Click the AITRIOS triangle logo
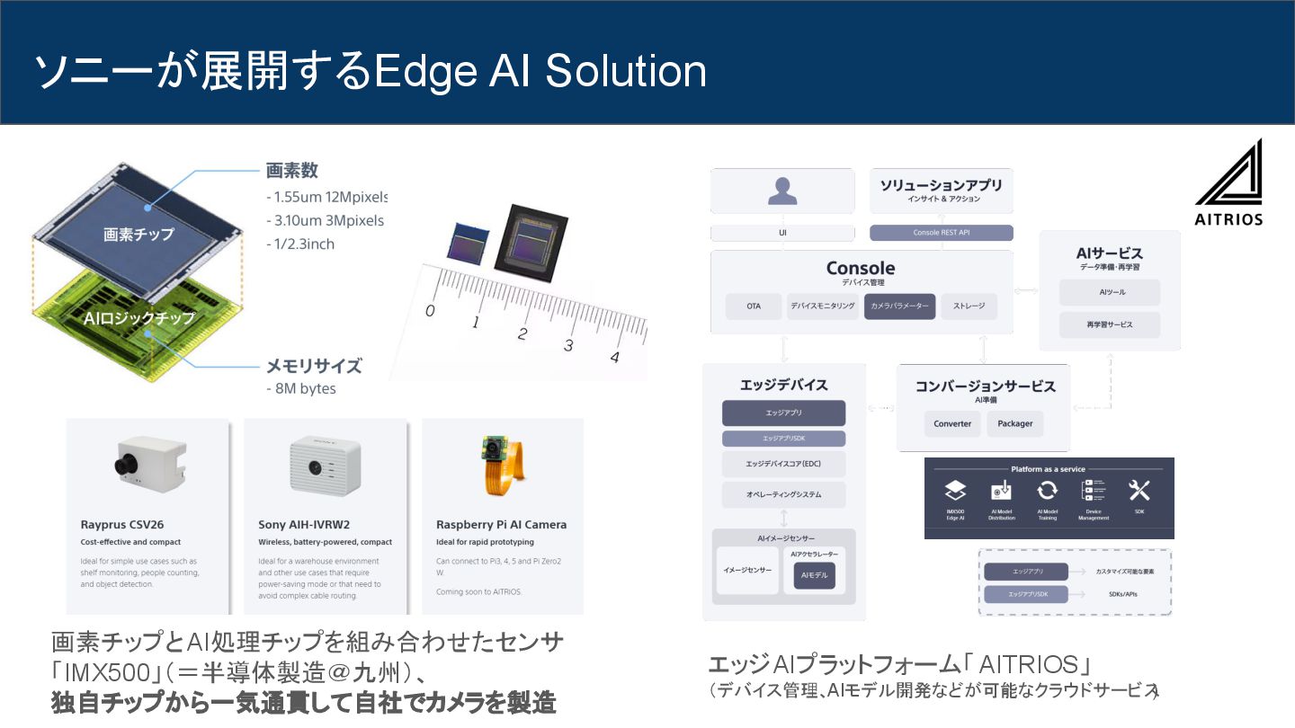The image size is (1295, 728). click(1228, 175)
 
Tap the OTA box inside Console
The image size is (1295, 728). click(754, 306)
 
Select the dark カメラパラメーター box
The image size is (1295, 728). click(900, 306)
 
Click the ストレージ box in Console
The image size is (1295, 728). click(969, 306)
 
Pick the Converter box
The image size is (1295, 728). click(952, 423)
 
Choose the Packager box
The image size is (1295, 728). click(1015, 423)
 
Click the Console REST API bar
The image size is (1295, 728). click(942, 233)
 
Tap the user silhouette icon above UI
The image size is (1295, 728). click(781, 191)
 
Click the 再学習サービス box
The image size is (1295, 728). click(1110, 324)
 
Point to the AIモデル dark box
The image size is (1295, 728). click(814, 576)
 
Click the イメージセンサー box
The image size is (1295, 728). click(747, 570)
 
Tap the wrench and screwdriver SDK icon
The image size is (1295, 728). click(1139, 491)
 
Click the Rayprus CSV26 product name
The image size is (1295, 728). click(122, 524)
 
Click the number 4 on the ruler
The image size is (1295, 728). click(614, 357)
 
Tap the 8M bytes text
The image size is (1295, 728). click(301, 389)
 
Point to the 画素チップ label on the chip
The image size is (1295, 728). click(138, 235)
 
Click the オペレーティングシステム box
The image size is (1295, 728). click(783, 494)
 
